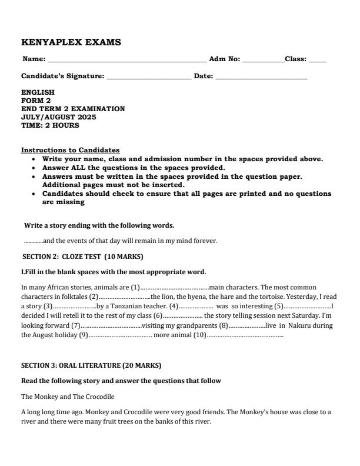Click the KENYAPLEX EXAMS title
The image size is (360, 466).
(71, 42)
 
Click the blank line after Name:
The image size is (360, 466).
(126, 61)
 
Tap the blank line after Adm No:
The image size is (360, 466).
(263, 61)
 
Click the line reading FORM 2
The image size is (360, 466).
(36, 101)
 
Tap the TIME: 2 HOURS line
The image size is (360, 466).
(50, 125)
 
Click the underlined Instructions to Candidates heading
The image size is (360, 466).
(70, 151)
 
